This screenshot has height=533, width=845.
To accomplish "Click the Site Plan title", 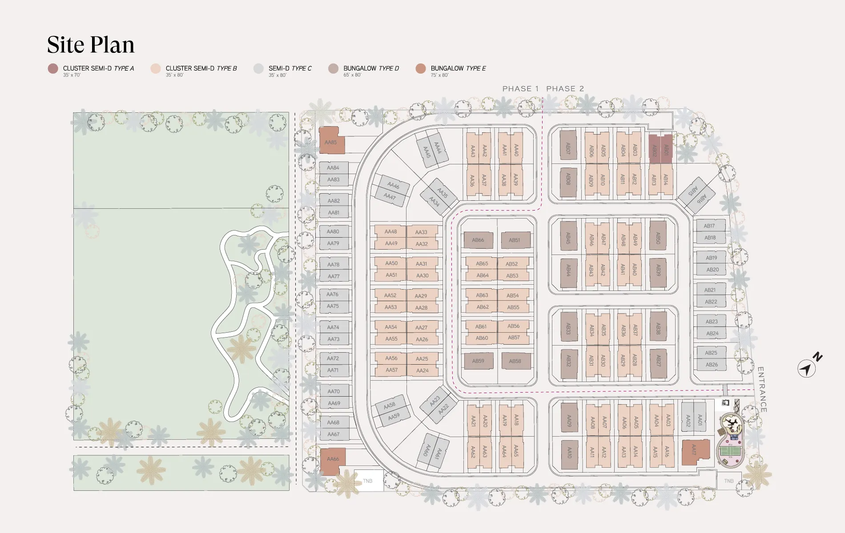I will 91,45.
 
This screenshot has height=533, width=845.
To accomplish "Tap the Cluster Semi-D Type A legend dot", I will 53,69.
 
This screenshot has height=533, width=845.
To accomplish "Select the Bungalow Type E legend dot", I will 421,69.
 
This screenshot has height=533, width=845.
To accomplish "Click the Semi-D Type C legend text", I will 290,68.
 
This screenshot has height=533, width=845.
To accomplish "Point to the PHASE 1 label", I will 520,89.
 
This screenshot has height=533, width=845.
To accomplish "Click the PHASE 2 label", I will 565,89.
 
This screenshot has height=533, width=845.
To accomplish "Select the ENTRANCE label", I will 761,389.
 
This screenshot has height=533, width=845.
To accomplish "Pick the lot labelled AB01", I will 666,149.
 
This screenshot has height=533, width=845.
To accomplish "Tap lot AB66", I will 478,240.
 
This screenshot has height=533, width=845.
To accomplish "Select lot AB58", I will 515,361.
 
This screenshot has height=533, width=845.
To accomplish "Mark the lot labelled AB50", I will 658,238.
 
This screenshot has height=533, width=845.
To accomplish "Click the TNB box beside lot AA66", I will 368,481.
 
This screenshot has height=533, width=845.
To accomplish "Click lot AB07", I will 568,149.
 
